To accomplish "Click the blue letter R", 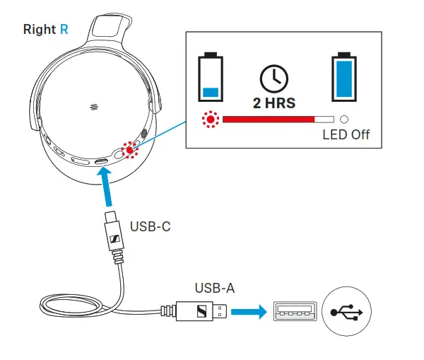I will click(64, 30).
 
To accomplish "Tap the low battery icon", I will click(210, 76).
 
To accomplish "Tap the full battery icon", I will click(345, 76).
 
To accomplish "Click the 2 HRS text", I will click(274, 103).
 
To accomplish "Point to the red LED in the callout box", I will click(210, 120).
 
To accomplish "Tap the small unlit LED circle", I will click(345, 120).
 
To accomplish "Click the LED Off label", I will click(346, 134).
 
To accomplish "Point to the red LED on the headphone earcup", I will click(129, 149).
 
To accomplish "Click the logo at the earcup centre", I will click(94, 107).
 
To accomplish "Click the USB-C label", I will click(150, 227).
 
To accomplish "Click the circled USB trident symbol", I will click(346, 309).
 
